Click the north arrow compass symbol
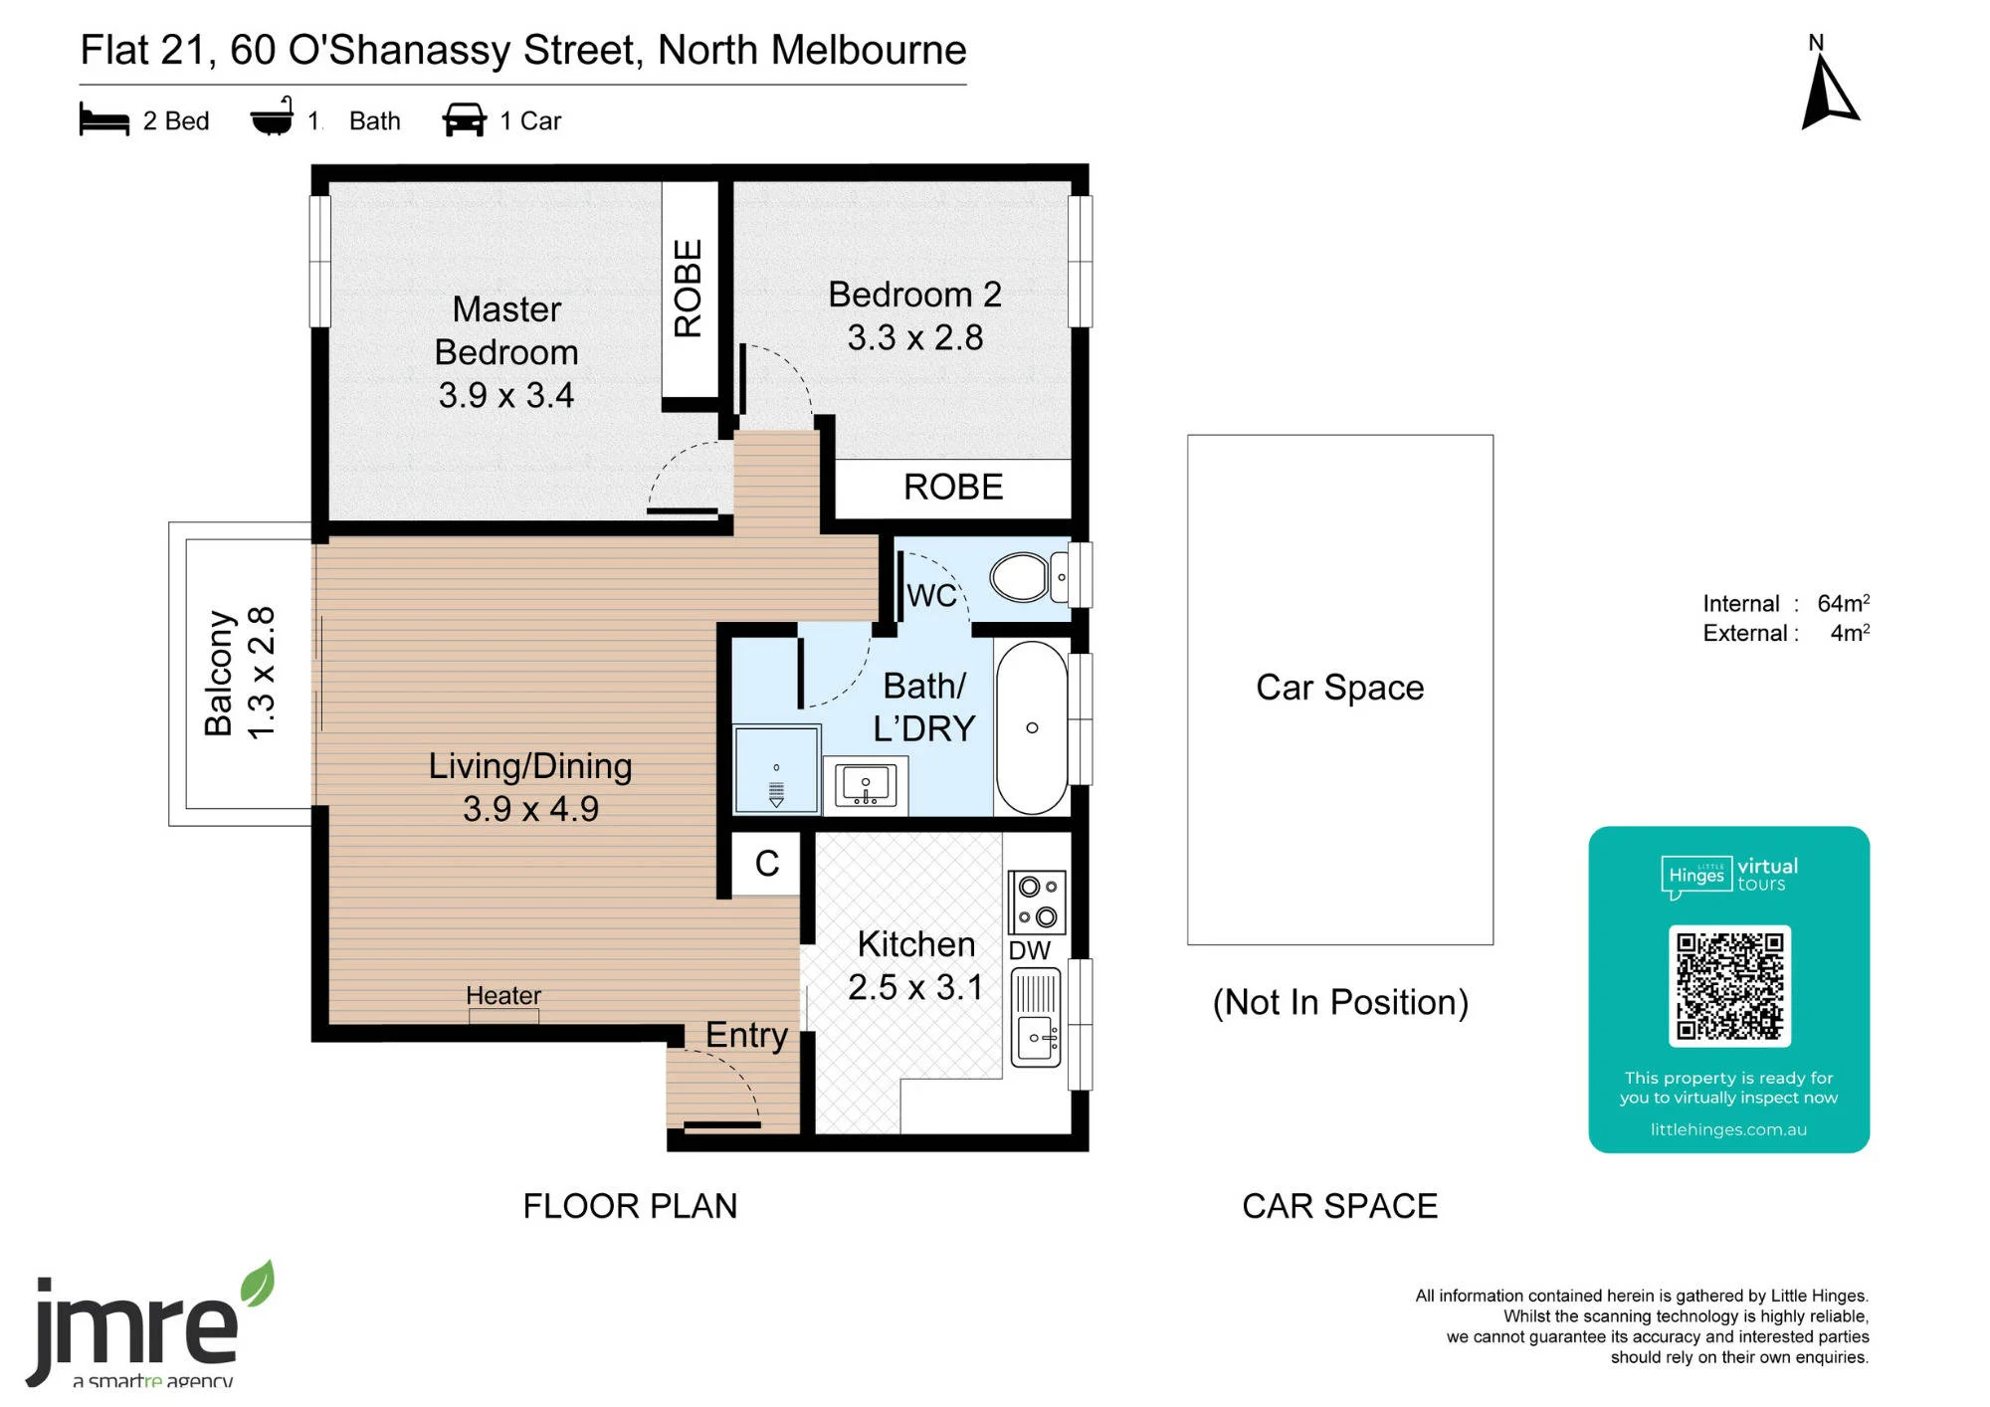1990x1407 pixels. (x=1828, y=96)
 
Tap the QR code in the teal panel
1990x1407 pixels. (x=1729, y=986)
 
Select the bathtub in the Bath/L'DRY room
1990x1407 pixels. (x=1032, y=728)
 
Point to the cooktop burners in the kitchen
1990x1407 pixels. (x=1037, y=902)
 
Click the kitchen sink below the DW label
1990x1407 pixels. (x=1036, y=1018)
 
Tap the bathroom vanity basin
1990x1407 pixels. (x=866, y=785)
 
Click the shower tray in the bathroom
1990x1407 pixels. (x=776, y=769)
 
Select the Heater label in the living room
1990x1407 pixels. (x=503, y=995)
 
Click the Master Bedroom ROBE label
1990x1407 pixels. (x=689, y=289)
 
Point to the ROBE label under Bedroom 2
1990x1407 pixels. (x=953, y=487)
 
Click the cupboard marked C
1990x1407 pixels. (x=766, y=864)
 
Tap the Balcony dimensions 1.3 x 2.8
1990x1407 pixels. (x=261, y=673)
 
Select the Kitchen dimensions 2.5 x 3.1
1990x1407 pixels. (x=915, y=987)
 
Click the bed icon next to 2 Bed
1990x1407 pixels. (x=104, y=120)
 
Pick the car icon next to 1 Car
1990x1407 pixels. (x=465, y=119)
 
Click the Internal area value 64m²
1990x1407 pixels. (x=1844, y=603)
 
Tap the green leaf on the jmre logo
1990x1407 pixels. (x=258, y=1284)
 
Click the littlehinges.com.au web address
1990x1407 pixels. (x=1728, y=1129)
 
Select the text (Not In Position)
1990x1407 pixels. (x=1340, y=1002)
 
